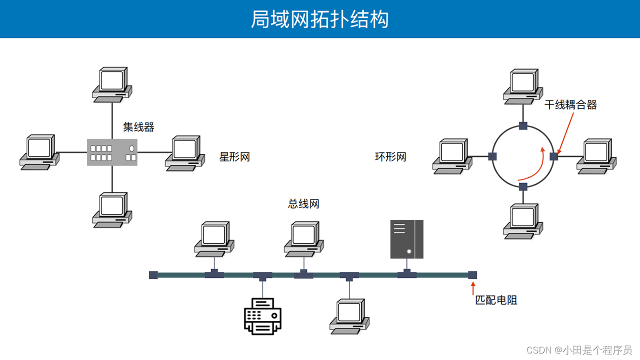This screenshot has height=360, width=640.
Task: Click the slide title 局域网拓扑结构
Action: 319,19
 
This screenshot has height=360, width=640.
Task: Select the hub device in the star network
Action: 112,152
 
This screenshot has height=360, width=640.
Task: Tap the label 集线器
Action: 138,127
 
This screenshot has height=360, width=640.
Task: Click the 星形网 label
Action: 234,157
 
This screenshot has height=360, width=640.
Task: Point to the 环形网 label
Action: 390,157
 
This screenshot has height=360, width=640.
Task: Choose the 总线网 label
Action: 303,203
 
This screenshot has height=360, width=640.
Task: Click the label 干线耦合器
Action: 570,105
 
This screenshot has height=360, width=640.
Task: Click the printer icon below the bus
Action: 262,315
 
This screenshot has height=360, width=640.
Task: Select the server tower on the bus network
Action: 406,239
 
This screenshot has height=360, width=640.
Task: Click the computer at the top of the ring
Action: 523,86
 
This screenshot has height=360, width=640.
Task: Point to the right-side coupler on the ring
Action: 553,156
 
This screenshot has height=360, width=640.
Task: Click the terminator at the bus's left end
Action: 153,275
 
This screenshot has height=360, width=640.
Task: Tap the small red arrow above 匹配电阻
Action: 473,288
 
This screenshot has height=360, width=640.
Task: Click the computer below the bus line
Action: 349,316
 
